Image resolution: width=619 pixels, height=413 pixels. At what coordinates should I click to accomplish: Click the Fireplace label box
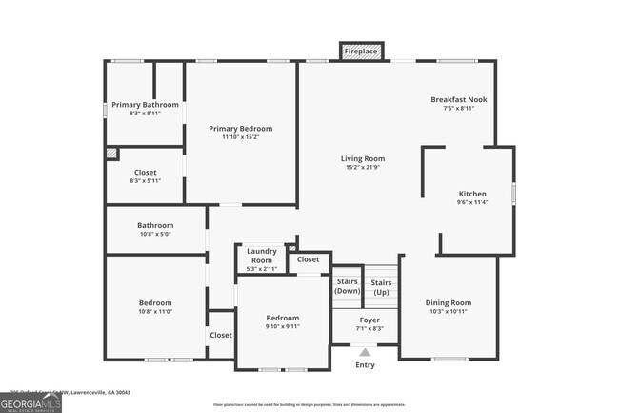tap(361, 51)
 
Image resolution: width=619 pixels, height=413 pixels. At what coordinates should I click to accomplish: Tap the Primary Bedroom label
tap(241, 129)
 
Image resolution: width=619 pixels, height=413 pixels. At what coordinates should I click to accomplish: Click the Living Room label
tap(363, 158)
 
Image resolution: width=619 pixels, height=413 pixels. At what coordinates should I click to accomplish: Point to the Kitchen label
tap(472, 194)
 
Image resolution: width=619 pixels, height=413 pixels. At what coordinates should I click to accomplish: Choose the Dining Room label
tap(448, 303)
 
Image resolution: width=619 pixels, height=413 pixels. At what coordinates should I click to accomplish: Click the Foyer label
tap(369, 320)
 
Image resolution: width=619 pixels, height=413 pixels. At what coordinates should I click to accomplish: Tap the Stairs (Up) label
tap(381, 286)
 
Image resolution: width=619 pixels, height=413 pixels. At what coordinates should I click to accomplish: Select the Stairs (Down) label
tap(347, 285)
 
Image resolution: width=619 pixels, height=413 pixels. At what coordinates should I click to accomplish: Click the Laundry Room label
tap(261, 256)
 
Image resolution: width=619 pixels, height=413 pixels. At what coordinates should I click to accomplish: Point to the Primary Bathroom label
tap(145, 104)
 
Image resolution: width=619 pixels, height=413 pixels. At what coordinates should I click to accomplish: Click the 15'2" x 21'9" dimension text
tap(363, 168)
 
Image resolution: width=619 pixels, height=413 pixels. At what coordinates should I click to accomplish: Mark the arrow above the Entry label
tap(366, 351)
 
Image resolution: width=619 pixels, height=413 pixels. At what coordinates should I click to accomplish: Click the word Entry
tap(366, 365)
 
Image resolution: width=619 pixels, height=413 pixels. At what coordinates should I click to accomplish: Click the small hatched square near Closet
tap(112, 153)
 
